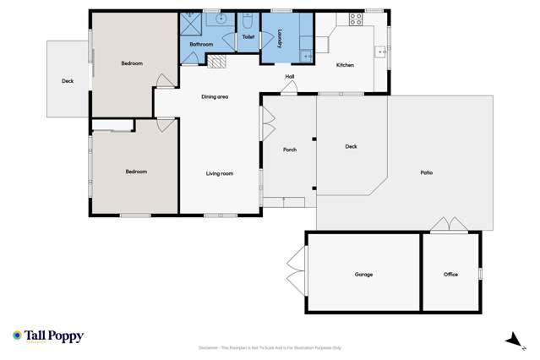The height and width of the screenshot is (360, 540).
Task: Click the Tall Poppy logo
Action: pyautogui.click(x=48, y=335)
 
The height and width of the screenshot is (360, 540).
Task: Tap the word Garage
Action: pyautogui.click(x=363, y=274)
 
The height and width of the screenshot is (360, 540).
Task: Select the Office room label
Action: pyautogui.click(x=450, y=274)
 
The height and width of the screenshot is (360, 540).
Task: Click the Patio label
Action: pyautogui.click(x=426, y=172)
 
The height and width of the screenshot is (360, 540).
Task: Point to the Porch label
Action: pyautogui.click(x=289, y=150)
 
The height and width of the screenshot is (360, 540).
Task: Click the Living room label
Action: pyautogui.click(x=219, y=173)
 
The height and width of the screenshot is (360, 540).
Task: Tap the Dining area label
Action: pyautogui.click(x=215, y=96)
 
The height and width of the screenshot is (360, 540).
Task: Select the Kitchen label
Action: pyautogui.click(x=345, y=65)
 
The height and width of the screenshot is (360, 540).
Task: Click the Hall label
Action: pyautogui.click(x=289, y=77)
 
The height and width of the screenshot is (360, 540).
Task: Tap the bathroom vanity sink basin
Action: pyautogui.click(x=221, y=18)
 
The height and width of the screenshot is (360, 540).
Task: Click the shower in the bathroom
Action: pyautogui.click(x=191, y=25)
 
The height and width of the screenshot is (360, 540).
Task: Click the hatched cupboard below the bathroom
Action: pyautogui.click(x=218, y=61)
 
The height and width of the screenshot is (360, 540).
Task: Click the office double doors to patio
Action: pyautogui.click(x=446, y=225)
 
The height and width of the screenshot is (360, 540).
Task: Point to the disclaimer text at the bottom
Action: pyautogui.click(x=270, y=347)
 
